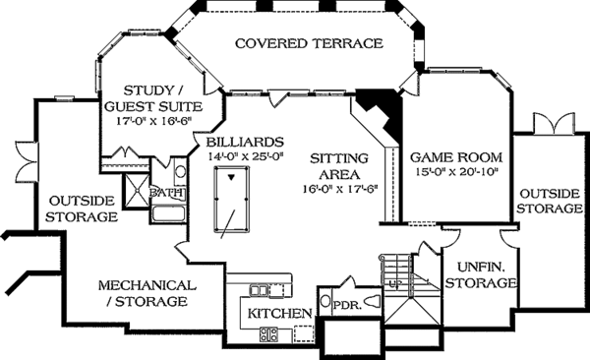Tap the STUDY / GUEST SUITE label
coord(151,97)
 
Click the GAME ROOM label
coord(456,156)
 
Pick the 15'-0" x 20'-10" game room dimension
coord(456,173)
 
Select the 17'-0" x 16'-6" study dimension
coord(151,122)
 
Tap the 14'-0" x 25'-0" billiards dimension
coord(245,155)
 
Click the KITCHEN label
coord(280,313)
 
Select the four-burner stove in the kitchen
coord(267,334)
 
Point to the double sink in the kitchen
coord(261,290)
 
